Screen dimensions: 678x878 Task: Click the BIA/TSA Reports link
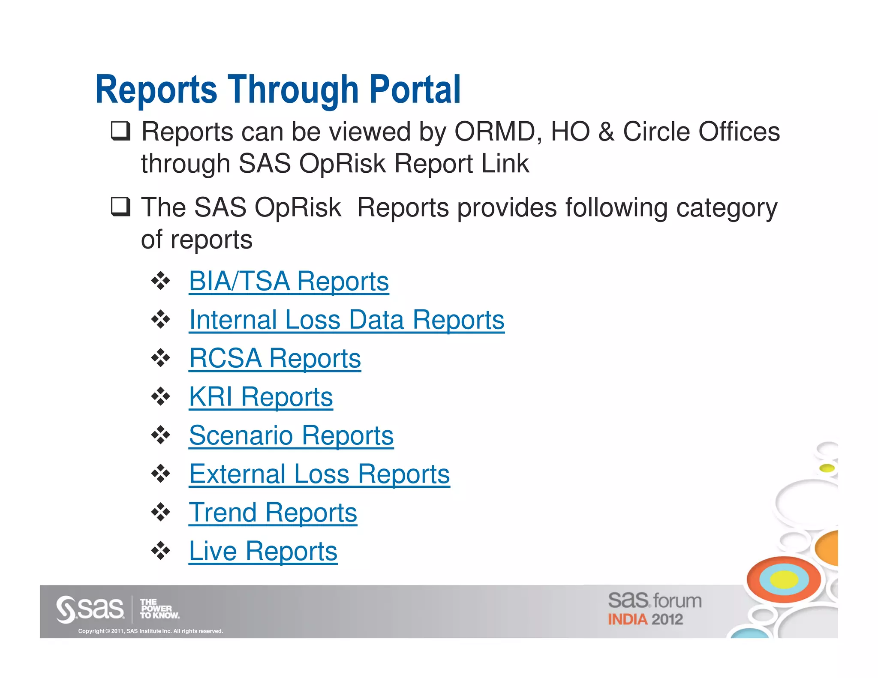point(289,282)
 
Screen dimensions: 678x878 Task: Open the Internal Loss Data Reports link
point(346,320)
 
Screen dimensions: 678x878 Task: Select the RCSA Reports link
point(275,358)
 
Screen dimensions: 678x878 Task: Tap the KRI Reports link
point(261,397)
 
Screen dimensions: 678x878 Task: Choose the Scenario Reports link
point(291,435)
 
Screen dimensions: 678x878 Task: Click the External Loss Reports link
point(319,474)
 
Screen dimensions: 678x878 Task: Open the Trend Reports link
point(273,513)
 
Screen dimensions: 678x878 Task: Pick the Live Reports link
point(263,551)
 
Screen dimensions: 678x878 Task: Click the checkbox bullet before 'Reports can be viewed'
point(120,131)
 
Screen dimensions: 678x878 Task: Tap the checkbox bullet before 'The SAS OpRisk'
point(120,207)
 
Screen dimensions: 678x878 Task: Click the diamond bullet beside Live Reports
point(161,551)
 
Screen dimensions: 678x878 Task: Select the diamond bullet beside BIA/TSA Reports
point(161,281)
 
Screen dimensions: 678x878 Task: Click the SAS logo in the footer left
point(90,609)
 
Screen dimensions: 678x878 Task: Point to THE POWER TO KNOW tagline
point(159,609)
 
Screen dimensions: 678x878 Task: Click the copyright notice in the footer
point(150,631)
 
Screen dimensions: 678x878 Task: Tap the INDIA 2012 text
point(645,620)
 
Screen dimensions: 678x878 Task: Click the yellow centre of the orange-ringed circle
point(784,580)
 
